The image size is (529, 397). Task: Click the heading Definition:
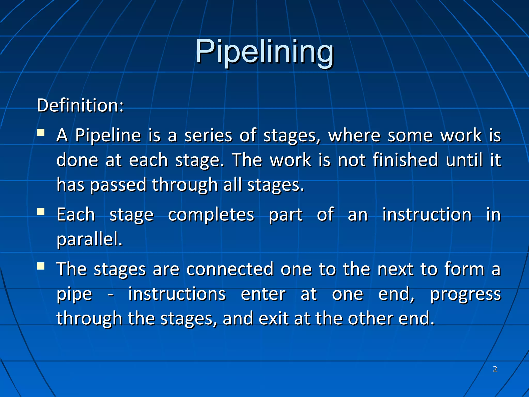(x=80, y=105)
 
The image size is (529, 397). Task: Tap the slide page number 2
(x=495, y=369)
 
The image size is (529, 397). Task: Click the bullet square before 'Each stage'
(x=41, y=212)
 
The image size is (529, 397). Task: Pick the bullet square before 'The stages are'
(x=41, y=266)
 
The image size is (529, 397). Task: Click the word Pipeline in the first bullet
(x=108, y=135)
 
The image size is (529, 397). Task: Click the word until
(x=464, y=160)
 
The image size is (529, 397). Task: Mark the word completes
(x=211, y=215)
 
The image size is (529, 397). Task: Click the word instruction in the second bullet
(x=427, y=215)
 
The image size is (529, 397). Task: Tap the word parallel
(x=89, y=239)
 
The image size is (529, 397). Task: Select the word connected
(x=230, y=269)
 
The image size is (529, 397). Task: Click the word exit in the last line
(x=273, y=318)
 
